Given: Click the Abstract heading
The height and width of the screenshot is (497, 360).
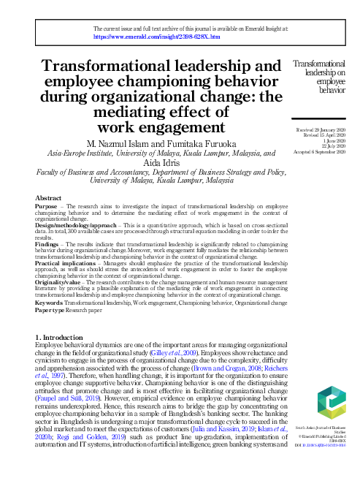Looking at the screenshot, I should (x=48, y=198).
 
